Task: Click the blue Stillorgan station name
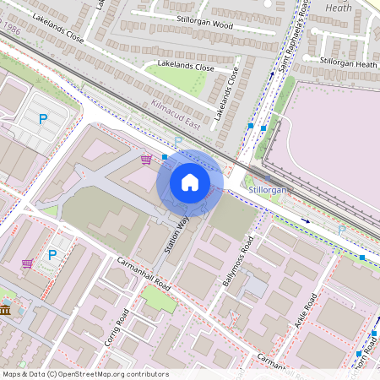click(x=268, y=191)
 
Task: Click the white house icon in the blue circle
click(x=190, y=182)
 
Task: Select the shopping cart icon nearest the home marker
click(x=146, y=158)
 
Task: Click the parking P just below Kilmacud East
click(x=177, y=141)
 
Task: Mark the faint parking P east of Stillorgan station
click(x=341, y=229)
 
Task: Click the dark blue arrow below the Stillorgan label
click(x=306, y=221)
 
